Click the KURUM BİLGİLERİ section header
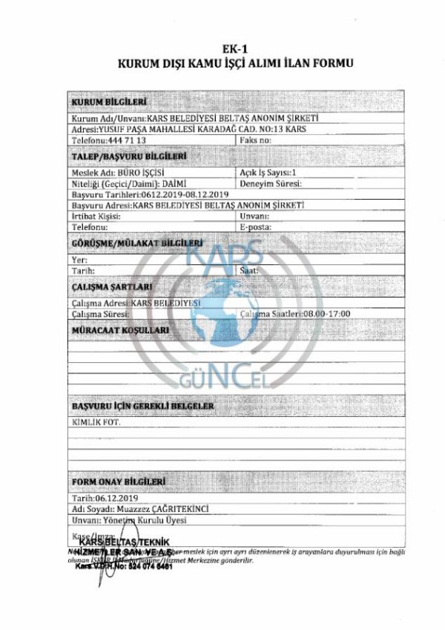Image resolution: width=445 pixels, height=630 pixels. tap(108, 102)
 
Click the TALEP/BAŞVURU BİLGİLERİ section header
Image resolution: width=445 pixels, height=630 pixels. tap(128, 157)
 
